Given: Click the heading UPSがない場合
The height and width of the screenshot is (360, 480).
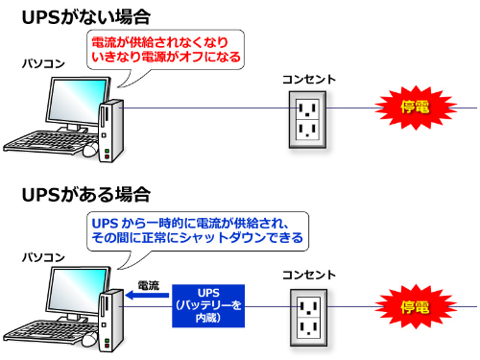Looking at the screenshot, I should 84,16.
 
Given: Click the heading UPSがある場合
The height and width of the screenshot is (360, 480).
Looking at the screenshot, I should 84,195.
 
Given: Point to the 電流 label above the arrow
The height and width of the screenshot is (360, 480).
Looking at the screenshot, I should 149,285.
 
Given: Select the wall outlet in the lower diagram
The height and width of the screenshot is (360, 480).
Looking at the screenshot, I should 308,314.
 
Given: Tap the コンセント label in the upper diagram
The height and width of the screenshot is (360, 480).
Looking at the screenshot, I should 308,79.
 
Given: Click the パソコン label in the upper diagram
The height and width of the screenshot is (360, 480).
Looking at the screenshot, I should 43,62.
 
